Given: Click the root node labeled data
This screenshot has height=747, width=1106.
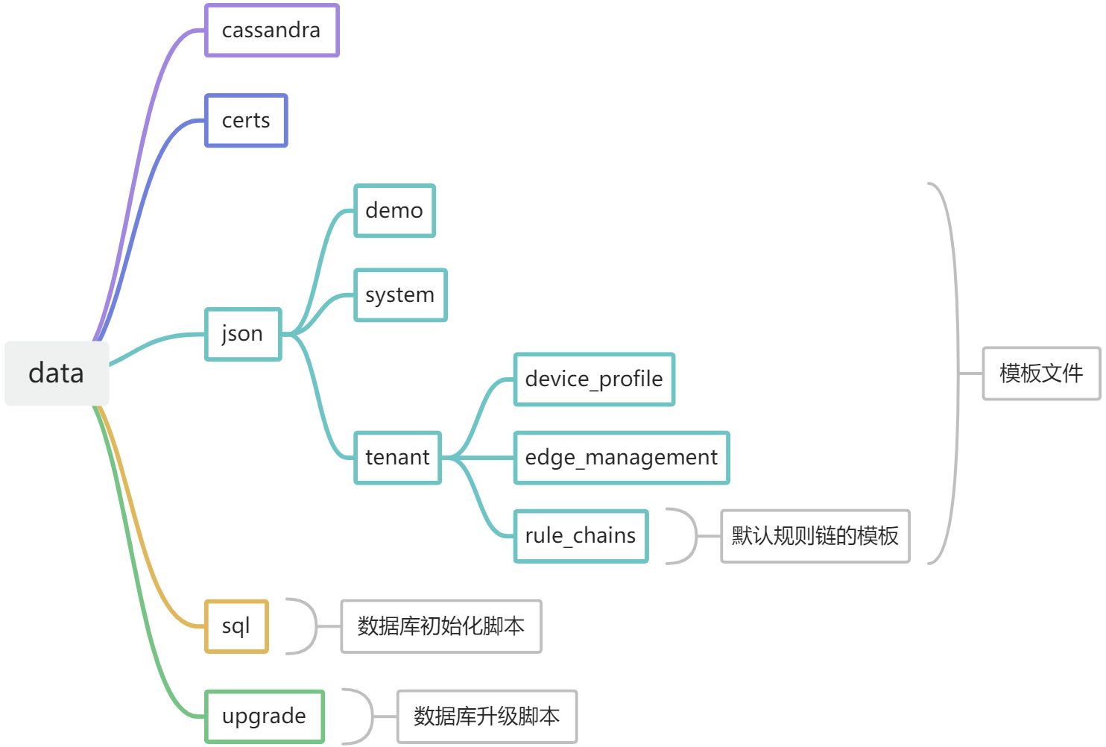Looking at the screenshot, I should (57, 373).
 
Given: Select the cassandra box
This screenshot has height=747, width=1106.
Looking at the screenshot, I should (271, 31).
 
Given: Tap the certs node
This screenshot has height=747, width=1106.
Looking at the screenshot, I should (246, 121).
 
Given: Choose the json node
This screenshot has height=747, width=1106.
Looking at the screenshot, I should (243, 334).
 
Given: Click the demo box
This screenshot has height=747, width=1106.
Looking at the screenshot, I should (394, 211).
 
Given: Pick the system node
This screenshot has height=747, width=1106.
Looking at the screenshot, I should (400, 295).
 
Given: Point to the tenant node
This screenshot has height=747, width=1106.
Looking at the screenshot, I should (397, 458).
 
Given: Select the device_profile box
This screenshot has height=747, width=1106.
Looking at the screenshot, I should (594, 379).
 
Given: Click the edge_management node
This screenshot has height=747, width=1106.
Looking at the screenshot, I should (622, 458).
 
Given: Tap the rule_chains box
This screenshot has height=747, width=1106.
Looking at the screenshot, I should (581, 536).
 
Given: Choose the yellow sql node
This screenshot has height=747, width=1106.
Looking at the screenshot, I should (236, 626).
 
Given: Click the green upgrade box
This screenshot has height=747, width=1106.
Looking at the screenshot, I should (265, 716).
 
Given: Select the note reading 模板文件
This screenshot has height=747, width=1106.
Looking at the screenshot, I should (1041, 373).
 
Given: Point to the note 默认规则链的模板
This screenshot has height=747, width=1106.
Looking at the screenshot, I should (815, 536).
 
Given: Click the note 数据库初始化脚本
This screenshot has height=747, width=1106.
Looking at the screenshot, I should (441, 626).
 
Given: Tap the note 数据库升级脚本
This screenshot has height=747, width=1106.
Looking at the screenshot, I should (487, 716).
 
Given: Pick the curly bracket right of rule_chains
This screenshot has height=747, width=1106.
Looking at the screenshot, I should (688, 536).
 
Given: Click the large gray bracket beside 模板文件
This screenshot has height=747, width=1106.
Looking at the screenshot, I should (952, 373).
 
